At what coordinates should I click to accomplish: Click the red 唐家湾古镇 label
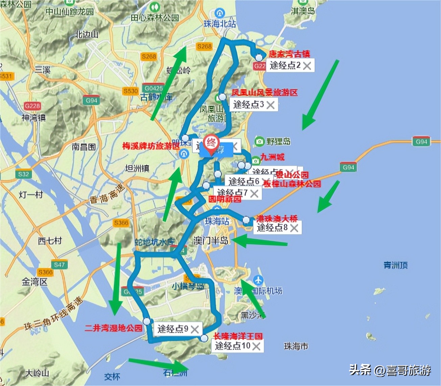(x=289, y=54)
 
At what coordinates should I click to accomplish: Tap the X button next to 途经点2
(x=307, y=66)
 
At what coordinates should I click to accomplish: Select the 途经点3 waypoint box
(x=249, y=104)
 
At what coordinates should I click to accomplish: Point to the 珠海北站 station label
(x=219, y=24)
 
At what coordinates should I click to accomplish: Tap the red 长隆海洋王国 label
(x=238, y=336)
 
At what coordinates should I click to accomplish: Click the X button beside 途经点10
(x=256, y=346)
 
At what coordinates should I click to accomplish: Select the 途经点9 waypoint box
(x=173, y=329)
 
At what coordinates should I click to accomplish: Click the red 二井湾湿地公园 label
(x=113, y=328)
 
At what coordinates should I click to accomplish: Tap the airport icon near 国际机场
(x=258, y=280)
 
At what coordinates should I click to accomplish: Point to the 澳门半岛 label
(x=211, y=241)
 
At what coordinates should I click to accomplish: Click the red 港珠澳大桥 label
(x=277, y=218)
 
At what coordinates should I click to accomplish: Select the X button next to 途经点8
(x=294, y=228)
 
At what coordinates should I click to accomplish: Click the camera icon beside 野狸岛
(x=259, y=141)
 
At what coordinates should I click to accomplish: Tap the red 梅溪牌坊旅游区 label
(x=151, y=146)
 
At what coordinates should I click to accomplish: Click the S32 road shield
(x=24, y=174)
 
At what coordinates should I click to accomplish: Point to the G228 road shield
(x=32, y=106)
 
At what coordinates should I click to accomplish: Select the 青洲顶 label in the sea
(x=395, y=265)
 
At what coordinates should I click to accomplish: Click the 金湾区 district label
(x=34, y=282)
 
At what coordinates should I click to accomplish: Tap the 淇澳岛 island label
(x=303, y=11)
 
